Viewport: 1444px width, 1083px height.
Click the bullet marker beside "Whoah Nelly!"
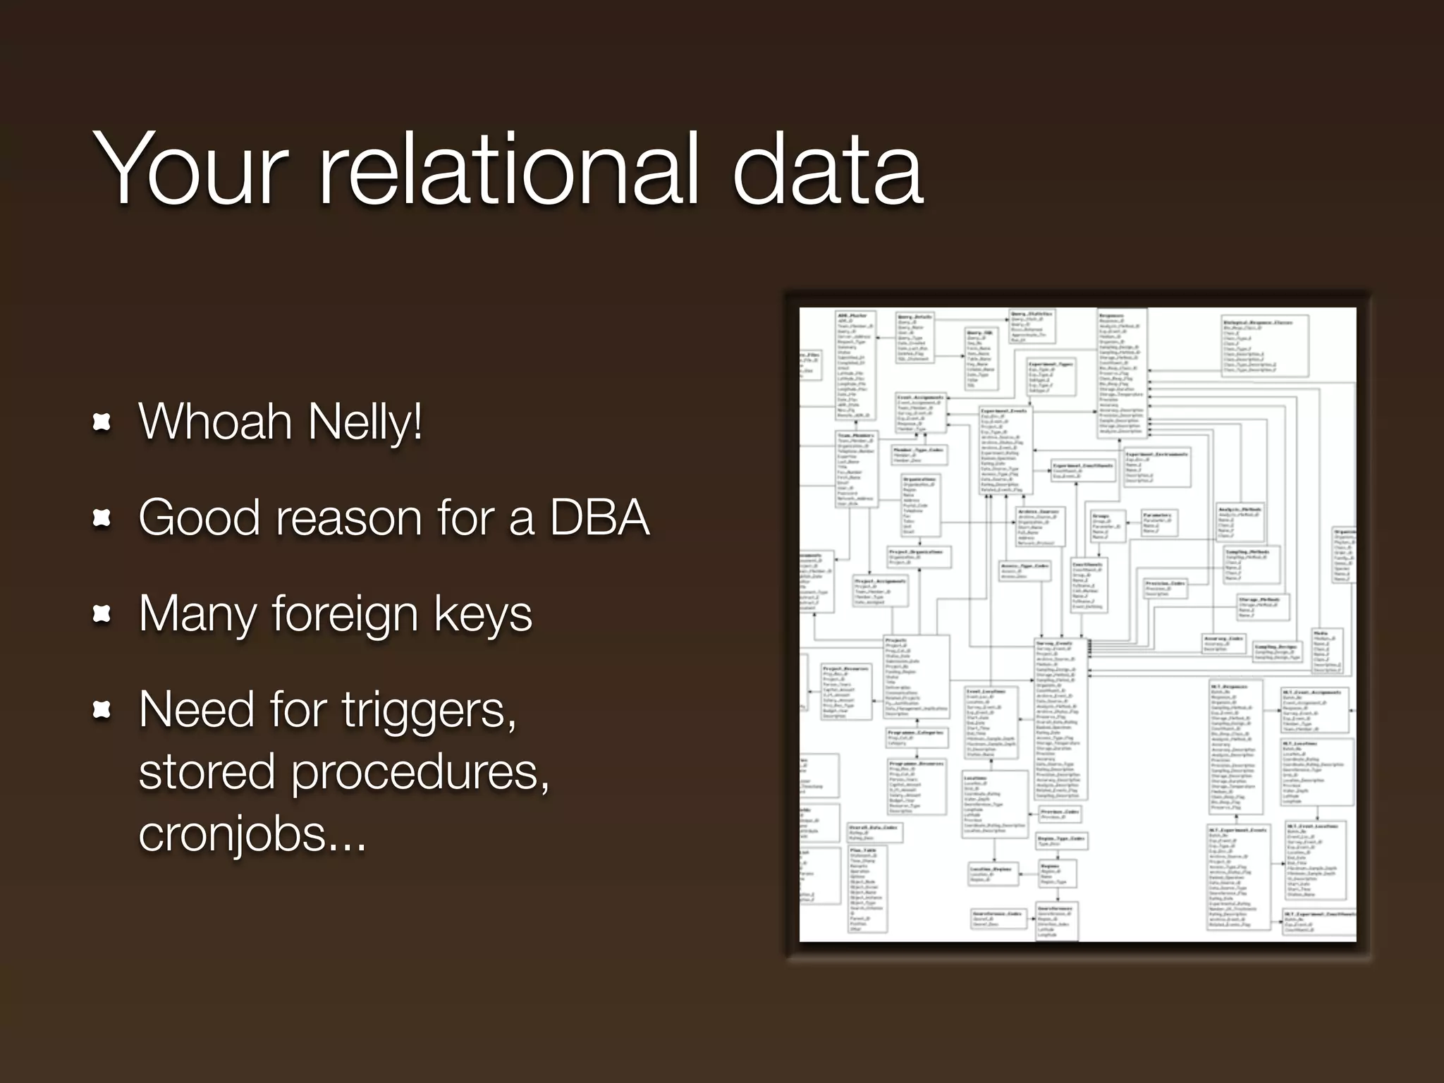103,422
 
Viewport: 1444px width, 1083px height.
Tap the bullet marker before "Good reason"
103,519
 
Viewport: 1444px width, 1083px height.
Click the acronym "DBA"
599,518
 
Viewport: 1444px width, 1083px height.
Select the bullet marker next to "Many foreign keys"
103,615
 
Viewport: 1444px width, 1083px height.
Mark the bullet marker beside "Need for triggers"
103,711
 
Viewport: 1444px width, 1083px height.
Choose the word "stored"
207,771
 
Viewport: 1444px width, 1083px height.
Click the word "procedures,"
420,773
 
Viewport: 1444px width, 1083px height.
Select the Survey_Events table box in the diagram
1061,719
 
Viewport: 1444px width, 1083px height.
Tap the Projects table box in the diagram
917,677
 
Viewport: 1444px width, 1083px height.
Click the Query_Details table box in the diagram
915,338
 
